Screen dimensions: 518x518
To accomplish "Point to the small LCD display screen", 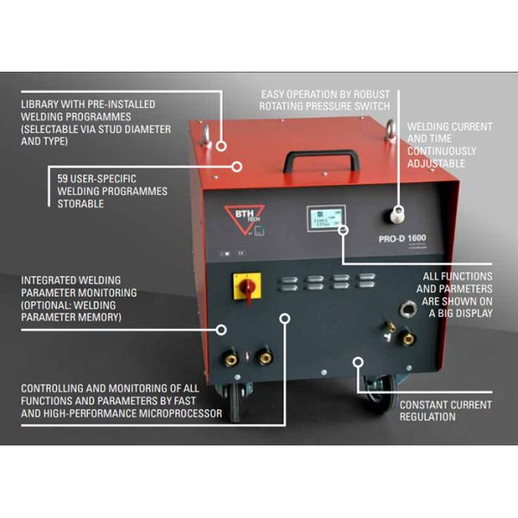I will click(x=325, y=221).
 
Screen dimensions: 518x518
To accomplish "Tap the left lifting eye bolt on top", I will click(x=211, y=138).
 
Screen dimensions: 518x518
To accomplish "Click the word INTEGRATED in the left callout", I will click(x=51, y=280).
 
